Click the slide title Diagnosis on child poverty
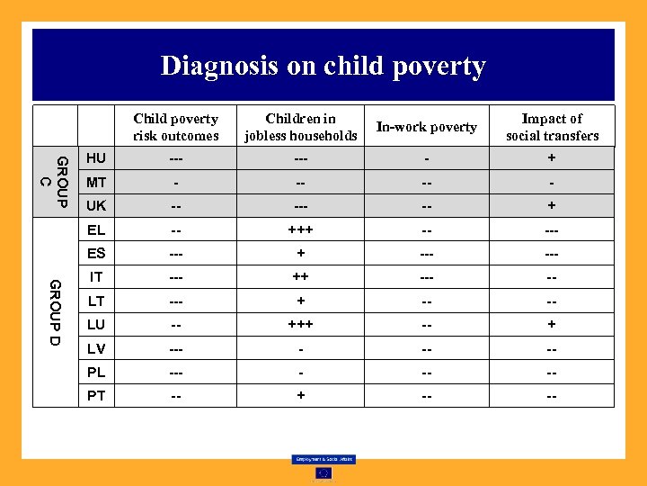(x=323, y=66)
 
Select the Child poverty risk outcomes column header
(x=176, y=127)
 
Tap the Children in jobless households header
(x=300, y=127)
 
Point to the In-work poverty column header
(x=426, y=127)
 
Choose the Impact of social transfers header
(x=552, y=127)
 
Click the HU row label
(x=96, y=158)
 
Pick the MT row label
(x=96, y=183)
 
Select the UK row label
(x=96, y=206)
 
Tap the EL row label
(x=96, y=230)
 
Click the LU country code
(x=96, y=324)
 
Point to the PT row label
(x=96, y=395)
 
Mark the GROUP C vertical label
(x=55, y=182)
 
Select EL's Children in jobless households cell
(x=300, y=230)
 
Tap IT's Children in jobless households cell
(x=300, y=277)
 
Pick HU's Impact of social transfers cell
(x=552, y=158)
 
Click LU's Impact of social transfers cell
(x=552, y=324)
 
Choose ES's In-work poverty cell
(x=426, y=254)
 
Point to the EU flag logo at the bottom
(x=323, y=472)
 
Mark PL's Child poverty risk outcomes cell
(x=176, y=372)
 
